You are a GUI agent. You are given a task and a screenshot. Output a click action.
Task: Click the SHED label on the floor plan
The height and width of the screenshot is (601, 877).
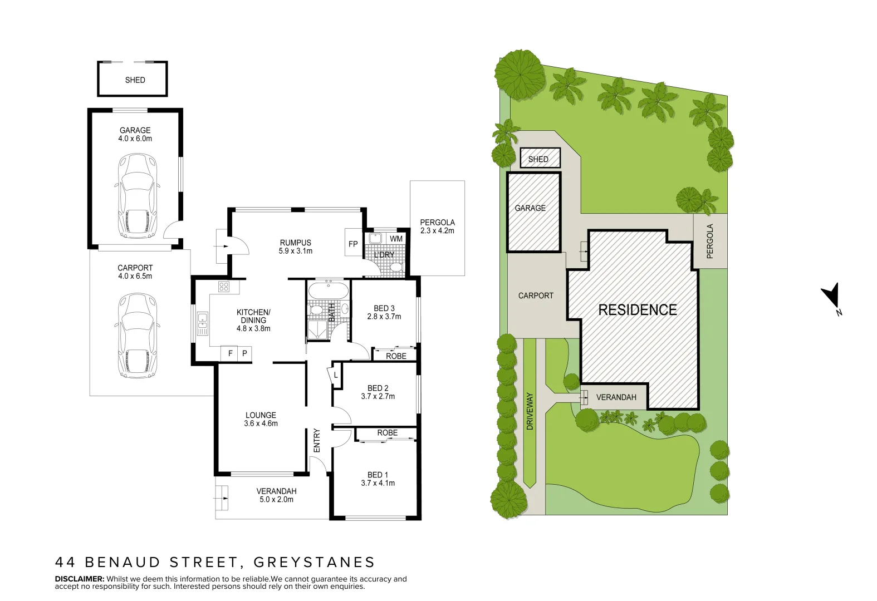[135, 80]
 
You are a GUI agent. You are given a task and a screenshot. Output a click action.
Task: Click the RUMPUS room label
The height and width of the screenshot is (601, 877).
[296, 243]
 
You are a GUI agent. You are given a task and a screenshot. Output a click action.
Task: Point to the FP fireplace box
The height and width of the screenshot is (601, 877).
[353, 244]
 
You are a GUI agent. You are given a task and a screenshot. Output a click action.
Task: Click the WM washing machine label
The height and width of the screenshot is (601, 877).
[396, 239]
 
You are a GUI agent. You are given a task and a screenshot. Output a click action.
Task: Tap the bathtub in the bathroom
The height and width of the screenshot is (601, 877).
[328, 291]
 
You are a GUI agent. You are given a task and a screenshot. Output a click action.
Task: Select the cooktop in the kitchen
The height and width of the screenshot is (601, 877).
[224, 287]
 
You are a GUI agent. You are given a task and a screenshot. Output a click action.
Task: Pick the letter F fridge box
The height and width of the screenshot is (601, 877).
[231, 353]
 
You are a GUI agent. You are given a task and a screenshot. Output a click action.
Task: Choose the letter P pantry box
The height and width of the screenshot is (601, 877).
[244, 353]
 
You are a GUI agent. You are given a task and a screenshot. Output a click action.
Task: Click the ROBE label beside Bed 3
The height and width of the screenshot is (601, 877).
[396, 356]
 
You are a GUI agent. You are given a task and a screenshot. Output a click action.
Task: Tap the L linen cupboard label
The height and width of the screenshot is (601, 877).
[336, 376]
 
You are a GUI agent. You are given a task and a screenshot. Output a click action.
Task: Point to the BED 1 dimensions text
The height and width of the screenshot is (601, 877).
[378, 483]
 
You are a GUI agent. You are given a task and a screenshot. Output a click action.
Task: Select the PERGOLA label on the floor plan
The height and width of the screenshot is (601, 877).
[437, 223]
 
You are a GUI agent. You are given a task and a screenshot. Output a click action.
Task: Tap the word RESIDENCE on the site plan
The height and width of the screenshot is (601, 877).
[637, 310]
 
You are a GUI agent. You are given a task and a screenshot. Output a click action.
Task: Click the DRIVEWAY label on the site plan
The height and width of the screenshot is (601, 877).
[530, 411]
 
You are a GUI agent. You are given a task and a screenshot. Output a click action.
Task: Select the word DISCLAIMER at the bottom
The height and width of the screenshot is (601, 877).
[80, 579]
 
